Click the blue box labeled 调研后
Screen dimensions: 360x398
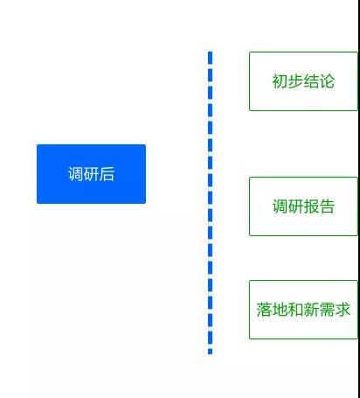[91, 174]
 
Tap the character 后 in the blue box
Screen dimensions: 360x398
[107, 174]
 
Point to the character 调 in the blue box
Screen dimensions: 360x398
[76, 174]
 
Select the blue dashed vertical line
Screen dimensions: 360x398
[211, 203]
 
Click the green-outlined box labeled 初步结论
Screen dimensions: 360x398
[303, 81]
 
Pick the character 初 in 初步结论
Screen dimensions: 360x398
[280, 81]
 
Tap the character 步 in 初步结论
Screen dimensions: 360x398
[295, 81]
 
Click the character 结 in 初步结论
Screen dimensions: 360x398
[311, 81]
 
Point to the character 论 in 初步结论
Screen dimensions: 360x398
[327, 81]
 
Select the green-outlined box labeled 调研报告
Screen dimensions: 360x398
[303, 206]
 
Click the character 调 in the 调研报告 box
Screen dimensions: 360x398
[280, 206]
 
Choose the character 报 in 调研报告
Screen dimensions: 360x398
[311, 206]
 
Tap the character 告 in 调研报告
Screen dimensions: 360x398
[327, 206]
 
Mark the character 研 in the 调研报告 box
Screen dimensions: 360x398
[295, 206]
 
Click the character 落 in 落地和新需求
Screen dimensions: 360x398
[264, 310]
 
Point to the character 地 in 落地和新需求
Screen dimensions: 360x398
[280, 310]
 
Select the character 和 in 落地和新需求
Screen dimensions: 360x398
[295, 310]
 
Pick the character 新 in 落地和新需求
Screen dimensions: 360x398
[311, 310]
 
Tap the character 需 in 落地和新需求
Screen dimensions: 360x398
[327, 310]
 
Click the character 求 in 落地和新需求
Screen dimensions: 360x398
[343, 310]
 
